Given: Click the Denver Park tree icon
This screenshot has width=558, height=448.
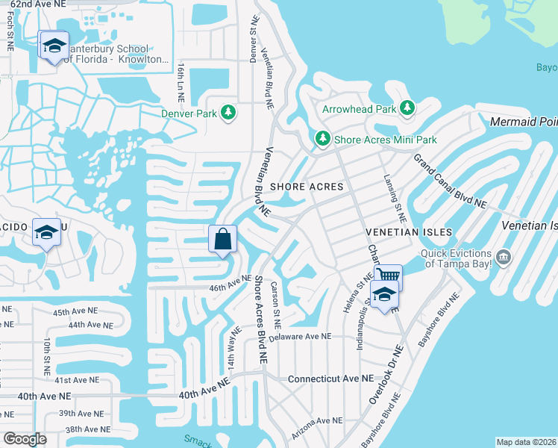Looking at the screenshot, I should (x=228, y=113).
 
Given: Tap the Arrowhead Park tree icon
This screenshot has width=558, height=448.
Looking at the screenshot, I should (x=407, y=109).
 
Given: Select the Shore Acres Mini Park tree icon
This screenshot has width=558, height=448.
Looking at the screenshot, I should (x=322, y=140).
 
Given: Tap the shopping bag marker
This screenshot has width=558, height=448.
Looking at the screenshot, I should (x=222, y=240).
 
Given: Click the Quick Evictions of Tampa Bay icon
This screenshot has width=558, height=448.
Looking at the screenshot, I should (x=504, y=258).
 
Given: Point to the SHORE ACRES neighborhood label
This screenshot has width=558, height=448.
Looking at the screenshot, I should (x=307, y=187).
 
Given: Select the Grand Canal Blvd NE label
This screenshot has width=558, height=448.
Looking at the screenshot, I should (x=450, y=182).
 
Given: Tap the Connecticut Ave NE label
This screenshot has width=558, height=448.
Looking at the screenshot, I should (x=330, y=379).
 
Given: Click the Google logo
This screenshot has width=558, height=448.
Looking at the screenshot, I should (x=24, y=439).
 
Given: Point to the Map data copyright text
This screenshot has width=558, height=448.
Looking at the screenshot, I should (x=525, y=442).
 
